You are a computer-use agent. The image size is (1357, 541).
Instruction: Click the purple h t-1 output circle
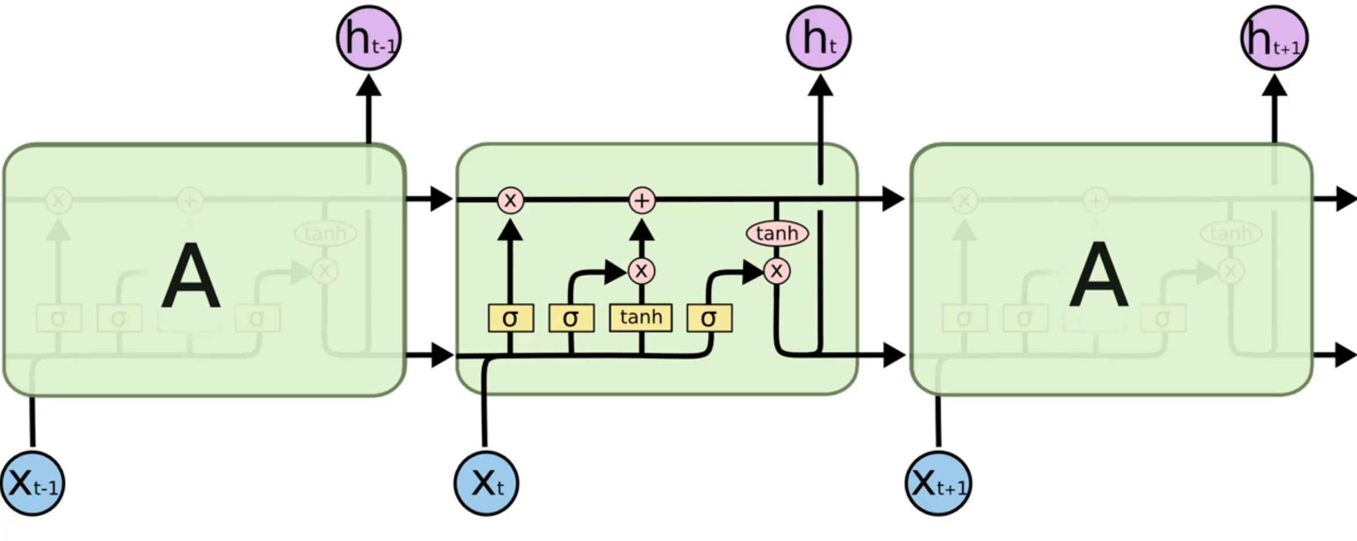[369, 38]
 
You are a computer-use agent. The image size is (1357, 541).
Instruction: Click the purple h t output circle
[818, 38]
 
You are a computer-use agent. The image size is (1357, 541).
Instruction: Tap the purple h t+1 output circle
[1274, 38]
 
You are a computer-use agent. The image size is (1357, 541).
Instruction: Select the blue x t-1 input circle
[33, 483]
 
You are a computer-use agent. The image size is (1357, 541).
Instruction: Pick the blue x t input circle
[486, 483]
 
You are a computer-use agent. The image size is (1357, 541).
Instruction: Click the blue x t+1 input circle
[938, 483]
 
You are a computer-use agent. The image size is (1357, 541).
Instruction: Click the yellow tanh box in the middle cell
[641, 318]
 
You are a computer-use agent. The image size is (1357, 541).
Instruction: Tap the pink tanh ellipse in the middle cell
[777, 233]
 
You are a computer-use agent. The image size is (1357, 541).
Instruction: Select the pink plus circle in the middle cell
[642, 201]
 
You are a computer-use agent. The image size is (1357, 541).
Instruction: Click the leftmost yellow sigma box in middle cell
[511, 318]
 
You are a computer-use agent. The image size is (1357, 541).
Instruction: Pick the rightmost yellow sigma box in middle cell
[709, 318]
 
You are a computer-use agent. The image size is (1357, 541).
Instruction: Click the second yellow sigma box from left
[571, 318]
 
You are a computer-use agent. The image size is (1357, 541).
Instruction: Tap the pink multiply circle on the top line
[510, 201]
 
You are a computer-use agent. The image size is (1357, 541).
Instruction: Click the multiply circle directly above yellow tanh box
[641, 271]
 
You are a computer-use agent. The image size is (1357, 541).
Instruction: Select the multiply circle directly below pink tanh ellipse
[777, 271]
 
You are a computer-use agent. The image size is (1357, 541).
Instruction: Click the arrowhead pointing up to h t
[820, 86]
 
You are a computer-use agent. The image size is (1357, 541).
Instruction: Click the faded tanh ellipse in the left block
[325, 233]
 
